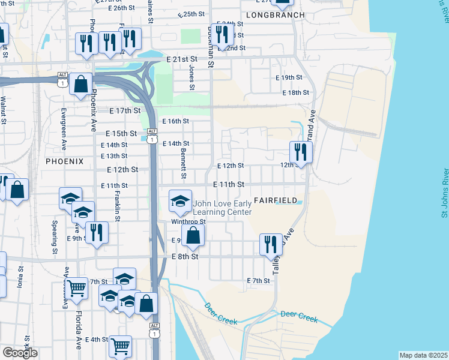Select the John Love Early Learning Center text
click(222, 207)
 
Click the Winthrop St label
click(188, 221)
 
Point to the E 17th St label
click(125, 111)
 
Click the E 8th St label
click(185, 256)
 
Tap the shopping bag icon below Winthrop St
click(193, 235)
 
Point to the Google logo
click(20, 353)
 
